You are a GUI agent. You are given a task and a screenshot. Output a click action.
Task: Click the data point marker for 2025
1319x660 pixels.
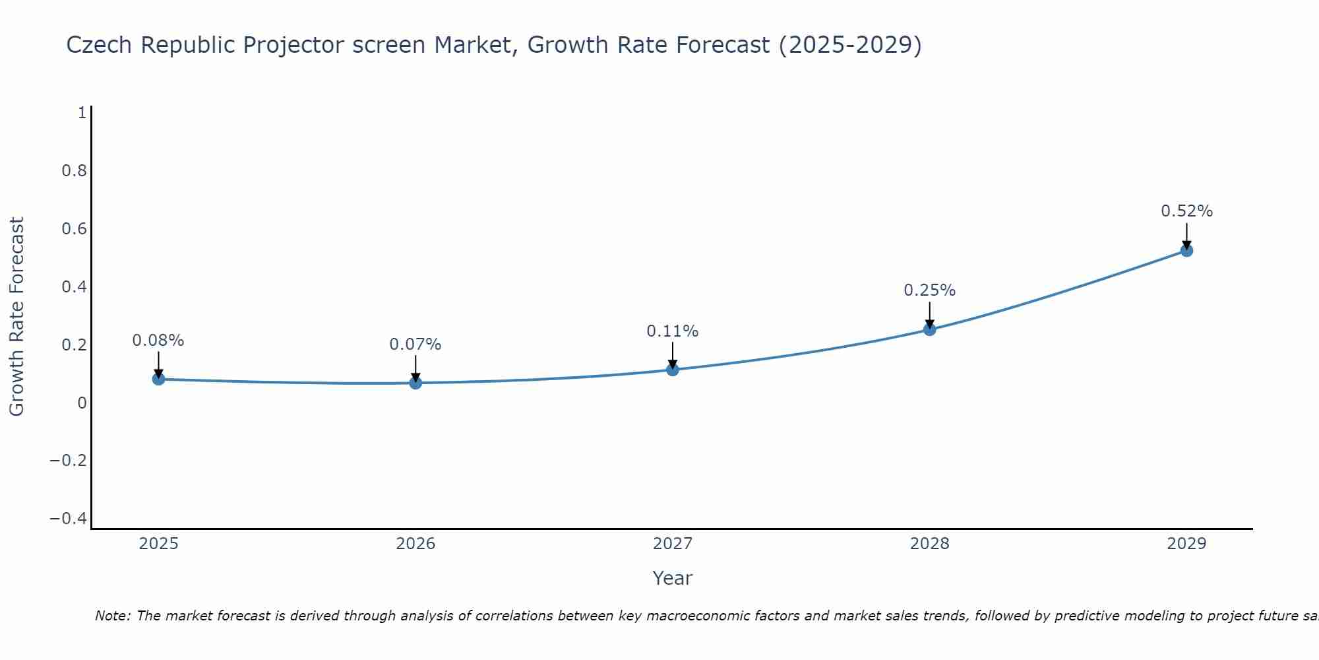coord(158,379)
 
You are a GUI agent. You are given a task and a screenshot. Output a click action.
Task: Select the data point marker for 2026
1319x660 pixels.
coord(415,383)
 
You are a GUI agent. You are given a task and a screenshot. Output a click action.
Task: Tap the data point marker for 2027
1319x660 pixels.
coord(673,370)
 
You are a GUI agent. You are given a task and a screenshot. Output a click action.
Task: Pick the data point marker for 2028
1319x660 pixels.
coord(930,329)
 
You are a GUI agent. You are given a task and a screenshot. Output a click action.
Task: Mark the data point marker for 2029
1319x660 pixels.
coord(1186,250)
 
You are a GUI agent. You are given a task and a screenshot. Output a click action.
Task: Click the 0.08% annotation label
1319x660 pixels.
coord(158,341)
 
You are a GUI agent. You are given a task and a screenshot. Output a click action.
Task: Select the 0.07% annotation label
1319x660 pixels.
coord(415,345)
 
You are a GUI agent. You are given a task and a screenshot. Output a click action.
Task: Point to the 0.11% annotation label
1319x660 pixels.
coord(673,331)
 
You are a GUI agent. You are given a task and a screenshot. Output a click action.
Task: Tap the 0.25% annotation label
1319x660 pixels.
coord(930,290)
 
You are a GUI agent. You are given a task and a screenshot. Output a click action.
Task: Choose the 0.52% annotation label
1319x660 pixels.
coord(1186,211)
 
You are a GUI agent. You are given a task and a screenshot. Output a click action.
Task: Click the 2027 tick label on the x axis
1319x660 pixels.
coord(673,544)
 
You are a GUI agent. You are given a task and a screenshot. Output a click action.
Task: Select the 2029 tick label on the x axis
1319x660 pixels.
coord(1186,544)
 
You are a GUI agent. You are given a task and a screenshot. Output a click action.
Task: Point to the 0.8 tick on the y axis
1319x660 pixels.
coord(75,171)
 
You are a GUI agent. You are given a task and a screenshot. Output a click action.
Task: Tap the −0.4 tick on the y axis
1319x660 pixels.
coord(69,519)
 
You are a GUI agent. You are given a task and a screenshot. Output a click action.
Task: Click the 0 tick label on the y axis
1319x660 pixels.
coord(82,403)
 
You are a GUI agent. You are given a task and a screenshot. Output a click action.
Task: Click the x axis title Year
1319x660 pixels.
coord(673,578)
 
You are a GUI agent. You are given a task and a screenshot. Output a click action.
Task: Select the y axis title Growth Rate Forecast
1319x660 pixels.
coord(16,317)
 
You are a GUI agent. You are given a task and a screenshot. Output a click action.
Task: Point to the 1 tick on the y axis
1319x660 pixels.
coord(82,113)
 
